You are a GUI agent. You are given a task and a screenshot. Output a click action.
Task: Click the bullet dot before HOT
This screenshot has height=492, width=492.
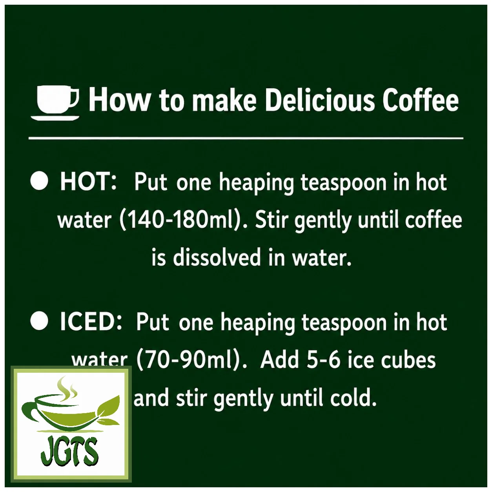pyautogui.click(x=39, y=181)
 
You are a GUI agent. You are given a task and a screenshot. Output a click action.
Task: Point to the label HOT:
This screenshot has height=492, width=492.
pyautogui.click(x=88, y=182)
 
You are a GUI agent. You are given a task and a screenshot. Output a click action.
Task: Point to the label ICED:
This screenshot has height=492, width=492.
pyautogui.click(x=90, y=322)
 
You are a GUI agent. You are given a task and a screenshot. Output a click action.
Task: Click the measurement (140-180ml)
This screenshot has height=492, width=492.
pyautogui.click(x=181, y=220)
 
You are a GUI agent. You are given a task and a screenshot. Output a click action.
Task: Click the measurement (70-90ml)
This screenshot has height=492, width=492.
pyautogui.click(x=190, y=361)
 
